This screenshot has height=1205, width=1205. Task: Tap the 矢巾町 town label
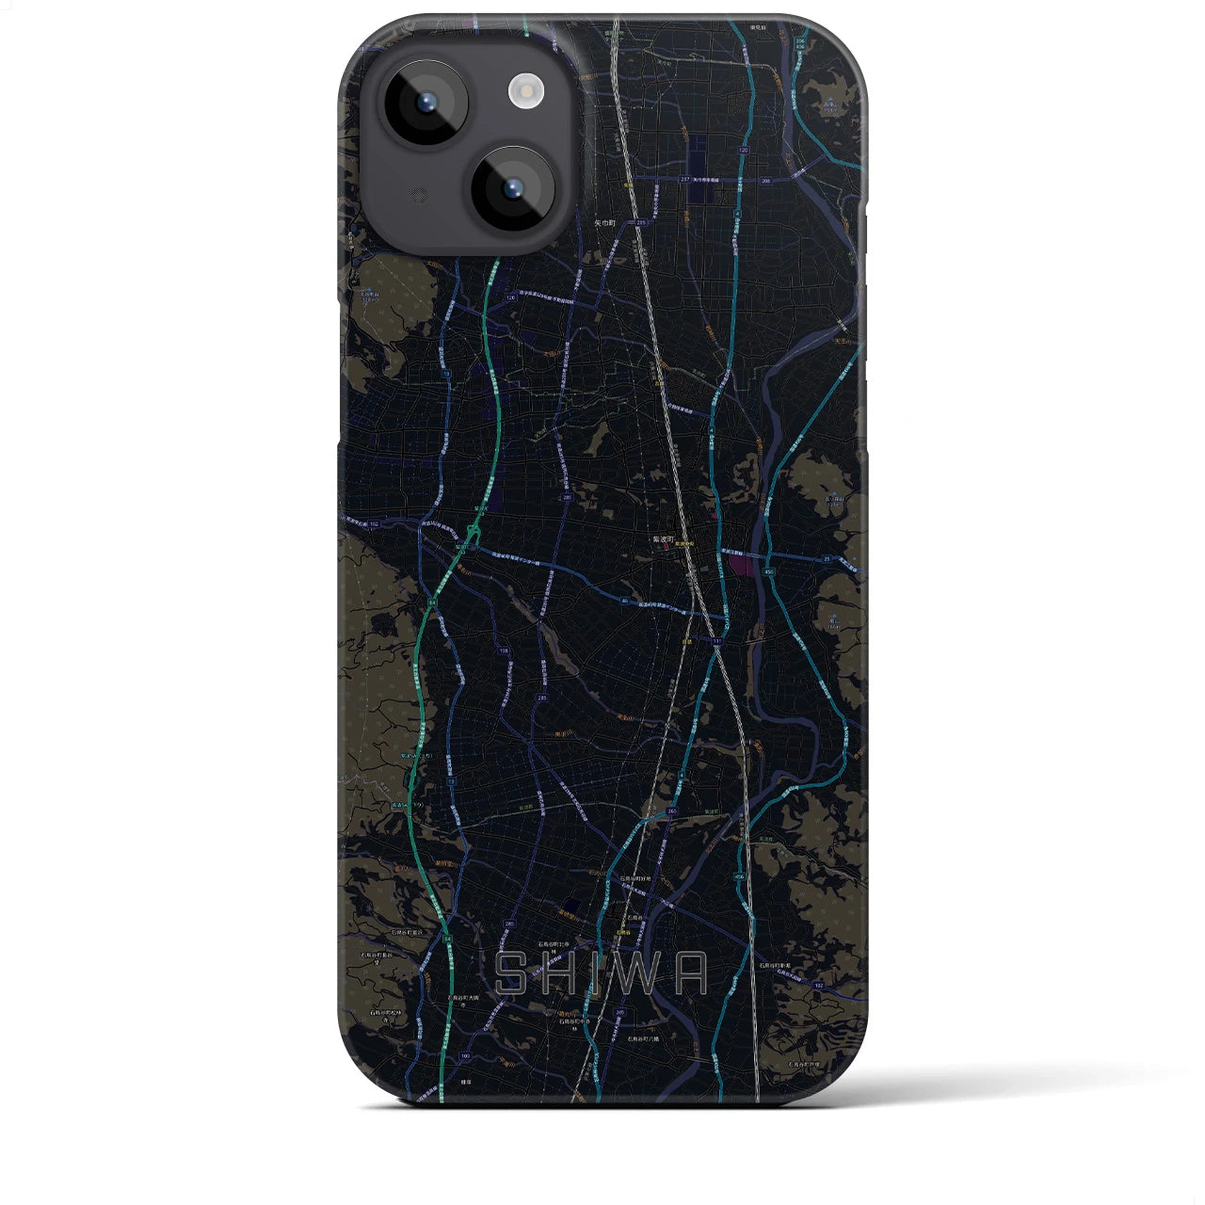click(x=603, y=223)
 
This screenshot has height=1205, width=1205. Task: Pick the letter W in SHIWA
click(x=640, y=973)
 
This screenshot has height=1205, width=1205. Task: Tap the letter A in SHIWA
click(x=691, y=973)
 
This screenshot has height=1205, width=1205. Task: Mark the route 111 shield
click(x=717, y=641)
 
